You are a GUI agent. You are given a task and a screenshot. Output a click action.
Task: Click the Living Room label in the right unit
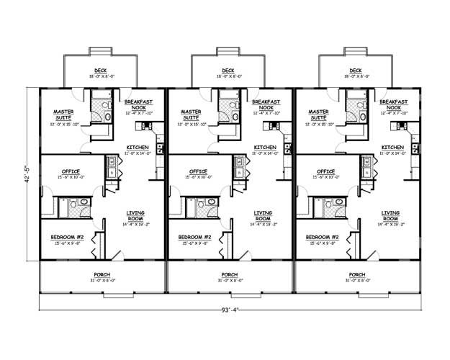(390, 216)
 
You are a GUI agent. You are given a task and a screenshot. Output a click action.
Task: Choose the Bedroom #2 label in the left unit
(68, 237)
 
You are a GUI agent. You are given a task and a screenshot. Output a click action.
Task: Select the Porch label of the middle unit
(230, 275)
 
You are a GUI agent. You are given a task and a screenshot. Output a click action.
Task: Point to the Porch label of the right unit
(357, 275)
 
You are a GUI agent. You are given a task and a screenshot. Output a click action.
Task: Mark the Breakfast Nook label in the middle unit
(264, 105)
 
